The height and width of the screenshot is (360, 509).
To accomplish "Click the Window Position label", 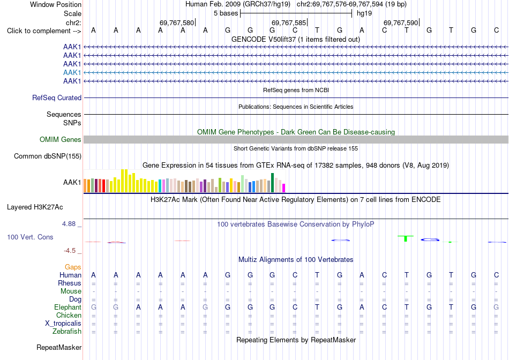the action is point(56,4).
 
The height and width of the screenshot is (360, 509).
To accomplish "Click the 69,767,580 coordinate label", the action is point(177,22).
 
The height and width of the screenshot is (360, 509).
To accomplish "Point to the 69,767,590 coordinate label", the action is point(401,22).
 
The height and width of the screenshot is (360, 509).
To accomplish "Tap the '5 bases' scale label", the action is point(226,13).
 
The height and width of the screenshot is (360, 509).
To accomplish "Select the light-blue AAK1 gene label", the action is point(72,72).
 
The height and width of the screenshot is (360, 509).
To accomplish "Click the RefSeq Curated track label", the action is point(57,97).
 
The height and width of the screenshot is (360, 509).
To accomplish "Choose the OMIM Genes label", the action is point(61,140).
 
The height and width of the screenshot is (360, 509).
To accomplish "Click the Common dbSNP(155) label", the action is point(48,156).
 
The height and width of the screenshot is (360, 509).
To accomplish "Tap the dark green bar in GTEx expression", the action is point(272,183).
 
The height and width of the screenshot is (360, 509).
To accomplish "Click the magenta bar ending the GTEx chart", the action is point(284,188).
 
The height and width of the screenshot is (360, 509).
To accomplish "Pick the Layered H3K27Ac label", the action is point(35,207).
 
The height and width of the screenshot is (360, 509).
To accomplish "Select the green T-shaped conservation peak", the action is point(406,238).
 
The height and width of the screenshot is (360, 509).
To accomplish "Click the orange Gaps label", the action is point(73,267).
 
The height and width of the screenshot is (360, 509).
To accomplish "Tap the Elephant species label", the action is point(68,307).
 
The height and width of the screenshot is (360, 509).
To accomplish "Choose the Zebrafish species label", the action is point(67,332).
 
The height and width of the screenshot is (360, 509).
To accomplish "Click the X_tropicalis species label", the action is point(63,324).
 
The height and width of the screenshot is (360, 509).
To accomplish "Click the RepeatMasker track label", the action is point(59,347).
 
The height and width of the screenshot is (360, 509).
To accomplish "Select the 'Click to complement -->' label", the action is point(44,31).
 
